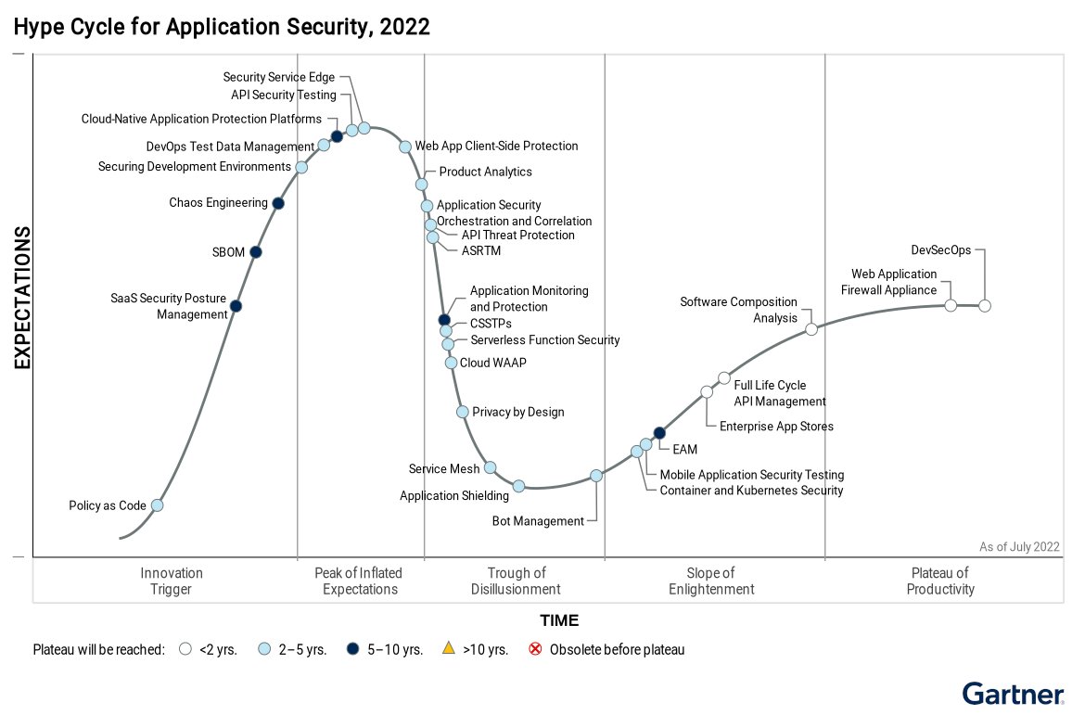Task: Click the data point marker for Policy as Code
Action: [157, 505]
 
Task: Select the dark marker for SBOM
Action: [256, 251]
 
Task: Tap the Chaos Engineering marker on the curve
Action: [278, 203]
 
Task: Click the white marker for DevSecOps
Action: [985, 306]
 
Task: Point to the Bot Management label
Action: [538, 521]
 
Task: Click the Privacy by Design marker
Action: [462, 412]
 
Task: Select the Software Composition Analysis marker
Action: [811, 329]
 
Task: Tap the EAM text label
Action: [684, 450]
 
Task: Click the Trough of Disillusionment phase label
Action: [516, 581]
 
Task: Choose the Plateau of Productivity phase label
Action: [940, 581]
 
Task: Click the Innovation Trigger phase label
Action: [172, 581]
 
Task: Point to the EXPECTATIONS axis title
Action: [22, 298]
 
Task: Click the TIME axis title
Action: [559, 620]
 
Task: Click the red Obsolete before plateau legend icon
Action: [535, 649]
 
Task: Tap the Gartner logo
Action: [1012, 693]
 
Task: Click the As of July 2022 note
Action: [1019, 547]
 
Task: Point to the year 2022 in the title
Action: [405, 27]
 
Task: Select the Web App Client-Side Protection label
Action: [496, 146]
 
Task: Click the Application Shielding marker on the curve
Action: [519, 486]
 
